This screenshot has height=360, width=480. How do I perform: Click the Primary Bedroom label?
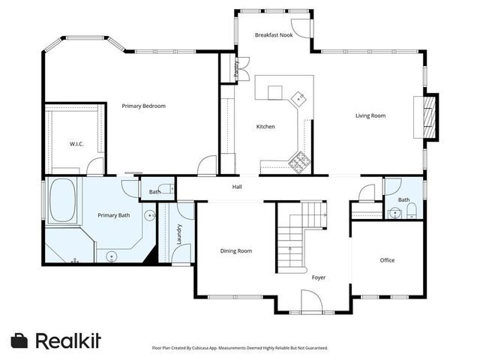143,106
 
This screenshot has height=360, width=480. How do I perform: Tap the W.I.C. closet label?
76,143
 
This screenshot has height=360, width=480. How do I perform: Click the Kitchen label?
265,127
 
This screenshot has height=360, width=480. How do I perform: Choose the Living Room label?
370,115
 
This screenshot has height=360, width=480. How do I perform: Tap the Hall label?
237,187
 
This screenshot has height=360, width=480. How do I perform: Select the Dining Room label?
235,250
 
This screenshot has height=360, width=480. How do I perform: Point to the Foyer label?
319,277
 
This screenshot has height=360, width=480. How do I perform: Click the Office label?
387,260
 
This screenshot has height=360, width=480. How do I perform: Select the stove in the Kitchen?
300,160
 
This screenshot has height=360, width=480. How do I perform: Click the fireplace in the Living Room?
429,116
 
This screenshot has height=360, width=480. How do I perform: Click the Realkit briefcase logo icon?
20,340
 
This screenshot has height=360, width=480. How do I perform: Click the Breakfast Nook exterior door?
300,28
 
